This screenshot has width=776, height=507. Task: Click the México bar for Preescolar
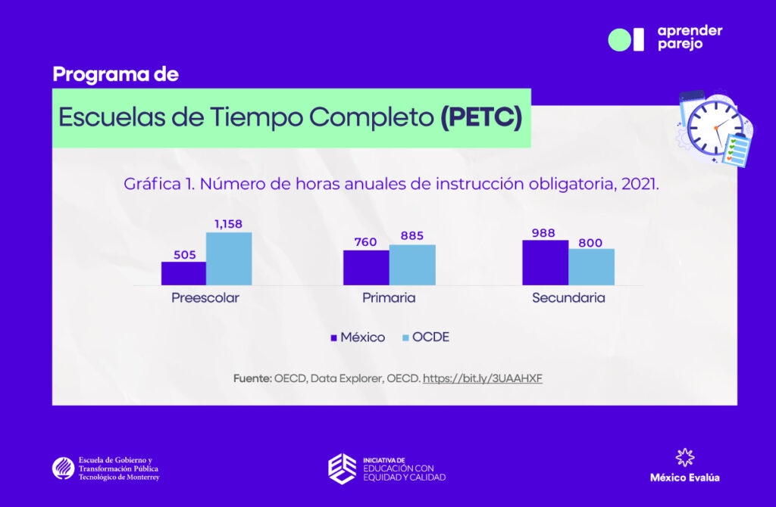click(x=183, y=273)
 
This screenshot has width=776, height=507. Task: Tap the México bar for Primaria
click(x=366, y=267)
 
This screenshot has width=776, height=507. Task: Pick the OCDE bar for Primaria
click(x=412, y=265)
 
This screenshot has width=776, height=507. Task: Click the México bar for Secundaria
click(x=545, y=263)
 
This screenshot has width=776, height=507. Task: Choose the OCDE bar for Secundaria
click(x=591, y=266)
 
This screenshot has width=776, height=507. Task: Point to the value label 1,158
click(x=228, y=224)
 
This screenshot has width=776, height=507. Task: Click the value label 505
click(x=183, y=254)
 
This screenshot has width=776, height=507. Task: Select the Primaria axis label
click(x=389, y=298)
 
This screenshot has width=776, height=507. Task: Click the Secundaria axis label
click(x=568, y=298)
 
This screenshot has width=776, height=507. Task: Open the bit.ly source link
click(x=482, y=378)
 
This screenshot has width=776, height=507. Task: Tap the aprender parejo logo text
click(x=690, y=37)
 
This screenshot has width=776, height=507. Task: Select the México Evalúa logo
click(x=685, y=466)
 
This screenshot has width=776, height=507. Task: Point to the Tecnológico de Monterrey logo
click(x=106, y=468)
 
